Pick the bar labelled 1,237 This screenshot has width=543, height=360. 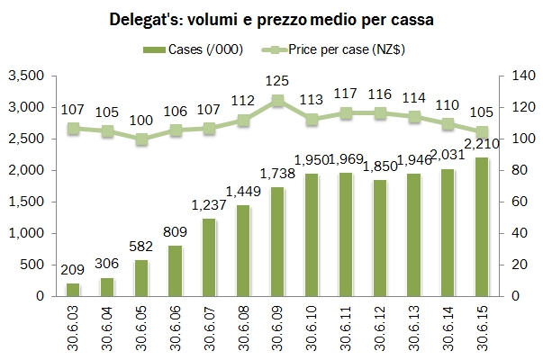click(x=210, y=257)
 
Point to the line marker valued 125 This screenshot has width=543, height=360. click(x=279, y=101)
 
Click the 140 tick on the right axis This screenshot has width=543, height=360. click(x=523, y=80)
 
